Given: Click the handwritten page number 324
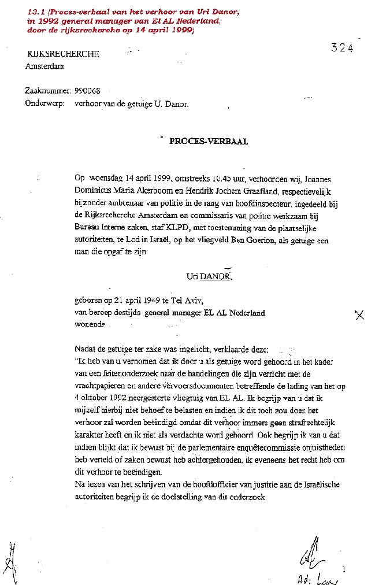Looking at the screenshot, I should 342,48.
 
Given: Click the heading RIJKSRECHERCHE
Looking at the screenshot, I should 63,54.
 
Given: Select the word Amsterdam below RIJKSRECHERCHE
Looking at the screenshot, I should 44,66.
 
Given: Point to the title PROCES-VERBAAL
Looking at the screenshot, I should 209,142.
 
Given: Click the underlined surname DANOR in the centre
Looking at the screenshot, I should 216,277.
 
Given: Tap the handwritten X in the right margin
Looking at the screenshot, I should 359,315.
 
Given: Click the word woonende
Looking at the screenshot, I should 90,324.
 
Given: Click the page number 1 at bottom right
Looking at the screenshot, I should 344,569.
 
